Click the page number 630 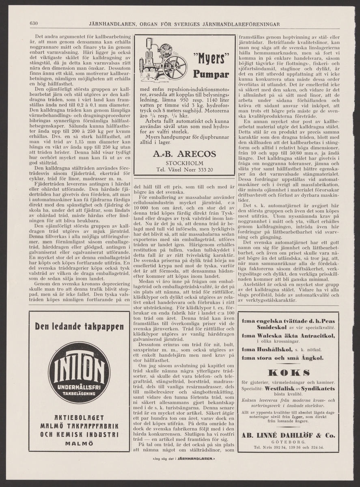[x=34, y=23]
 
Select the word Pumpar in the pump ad [x=211, y=75]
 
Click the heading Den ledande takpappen [x=79, y=327]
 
